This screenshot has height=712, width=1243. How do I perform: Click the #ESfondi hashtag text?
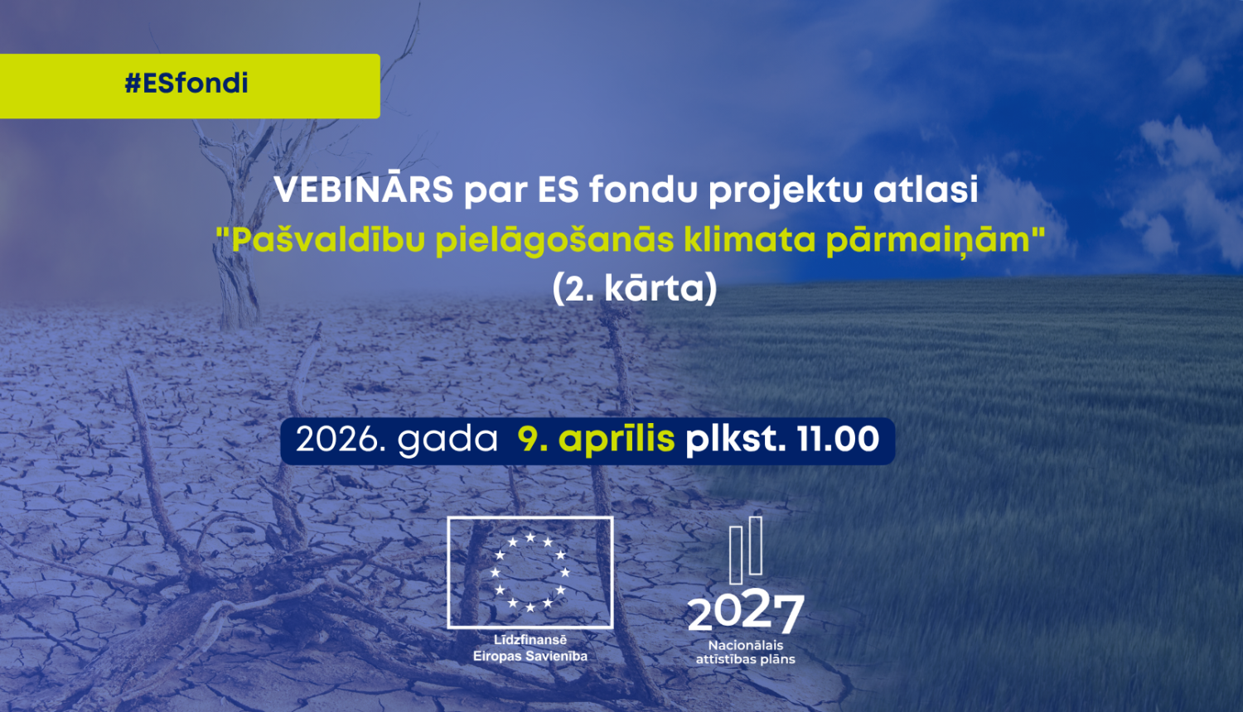(186, 84)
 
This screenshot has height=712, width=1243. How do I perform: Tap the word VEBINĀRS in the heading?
(364, 190)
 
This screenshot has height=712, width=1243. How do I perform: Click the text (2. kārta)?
(635, 288)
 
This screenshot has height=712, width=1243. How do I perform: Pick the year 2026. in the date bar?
(341, 440)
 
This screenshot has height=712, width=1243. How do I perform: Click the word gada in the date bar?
(447, 440)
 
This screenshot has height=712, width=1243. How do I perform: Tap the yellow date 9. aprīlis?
(596, 440)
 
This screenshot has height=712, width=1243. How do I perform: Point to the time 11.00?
(838, 440)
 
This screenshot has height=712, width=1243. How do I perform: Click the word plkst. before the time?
(735, 440)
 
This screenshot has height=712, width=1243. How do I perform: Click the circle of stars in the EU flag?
(530, 572)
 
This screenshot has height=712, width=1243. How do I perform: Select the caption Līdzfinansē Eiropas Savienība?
(530, 648)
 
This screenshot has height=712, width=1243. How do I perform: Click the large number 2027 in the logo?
(746, 613)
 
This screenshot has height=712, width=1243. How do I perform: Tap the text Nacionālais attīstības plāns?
(746, 652)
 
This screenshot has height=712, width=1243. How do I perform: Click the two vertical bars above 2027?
(746, 548)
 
